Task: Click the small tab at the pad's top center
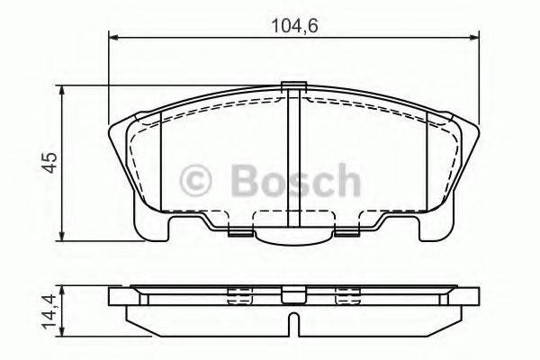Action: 292,87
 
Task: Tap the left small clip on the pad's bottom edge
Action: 240,232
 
